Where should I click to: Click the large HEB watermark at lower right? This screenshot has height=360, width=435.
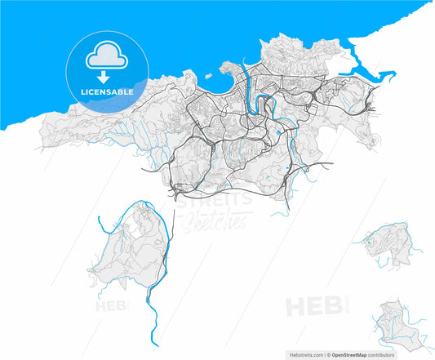[307, 308]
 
